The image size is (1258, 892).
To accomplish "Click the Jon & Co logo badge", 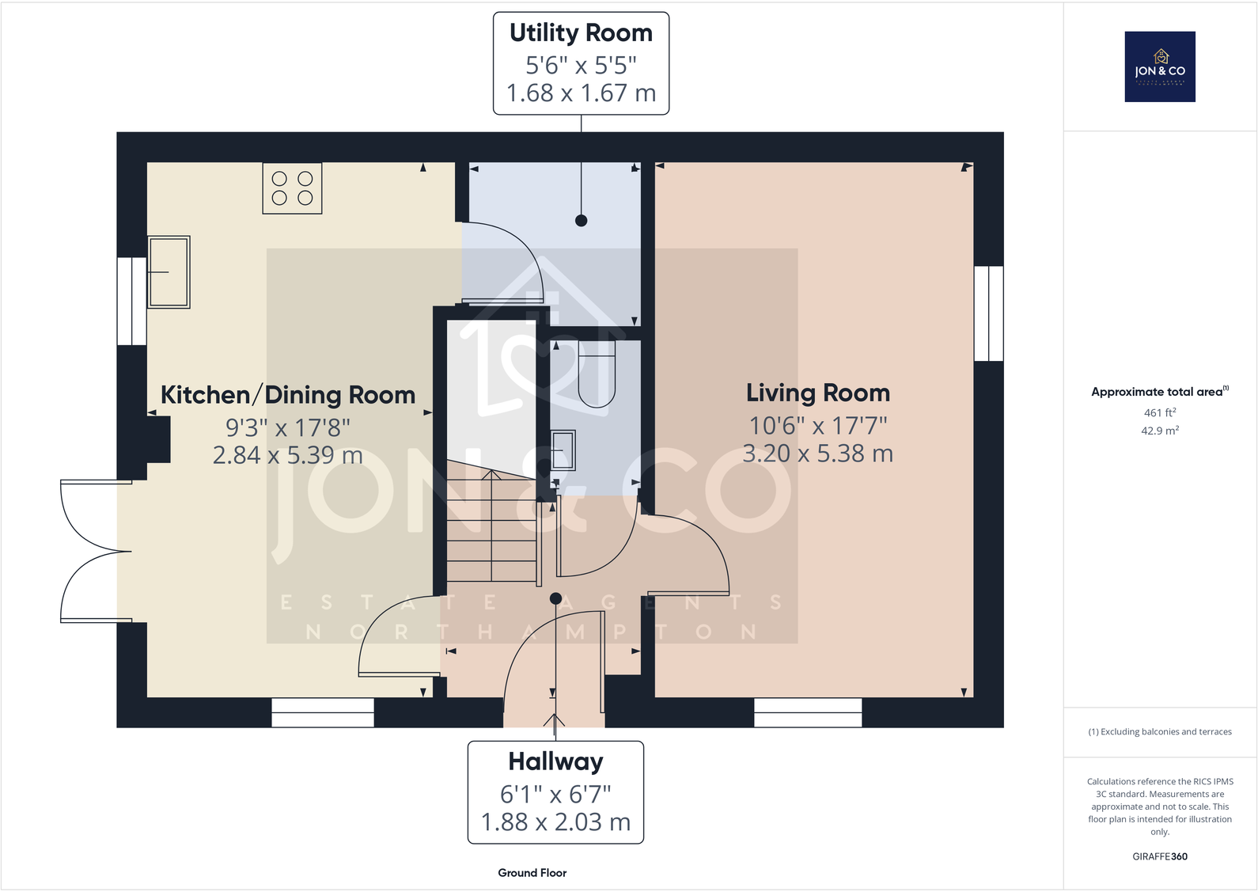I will (1159, 66).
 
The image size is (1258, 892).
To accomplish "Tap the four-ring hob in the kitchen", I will (292, 188).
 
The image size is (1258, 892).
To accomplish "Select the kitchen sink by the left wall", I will (169, 271).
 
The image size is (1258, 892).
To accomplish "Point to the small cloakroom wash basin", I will (563, 450).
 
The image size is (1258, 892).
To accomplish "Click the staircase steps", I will (492, 526).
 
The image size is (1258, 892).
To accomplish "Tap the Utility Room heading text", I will (581, 33).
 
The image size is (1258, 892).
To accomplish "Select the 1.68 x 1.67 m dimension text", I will (581, 93).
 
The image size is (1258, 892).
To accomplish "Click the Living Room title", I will (817, 393).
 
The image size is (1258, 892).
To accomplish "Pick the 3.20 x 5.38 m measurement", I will (817, 454).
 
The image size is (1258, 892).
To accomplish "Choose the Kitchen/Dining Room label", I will (288, 395).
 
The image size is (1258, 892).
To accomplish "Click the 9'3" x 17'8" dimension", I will (288, 427).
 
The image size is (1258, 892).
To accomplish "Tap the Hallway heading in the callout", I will (555, 761).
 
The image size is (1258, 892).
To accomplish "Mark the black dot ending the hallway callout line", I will (555, 598).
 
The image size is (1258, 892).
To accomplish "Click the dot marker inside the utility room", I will (581, 221).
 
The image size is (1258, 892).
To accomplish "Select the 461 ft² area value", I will (1159, 412).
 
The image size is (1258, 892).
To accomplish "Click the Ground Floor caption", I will (532, 873).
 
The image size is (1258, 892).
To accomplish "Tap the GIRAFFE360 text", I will (1159, 856).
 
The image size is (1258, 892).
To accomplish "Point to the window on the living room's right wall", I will (988, 313).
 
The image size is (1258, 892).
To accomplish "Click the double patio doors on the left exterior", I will (91, 551).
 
